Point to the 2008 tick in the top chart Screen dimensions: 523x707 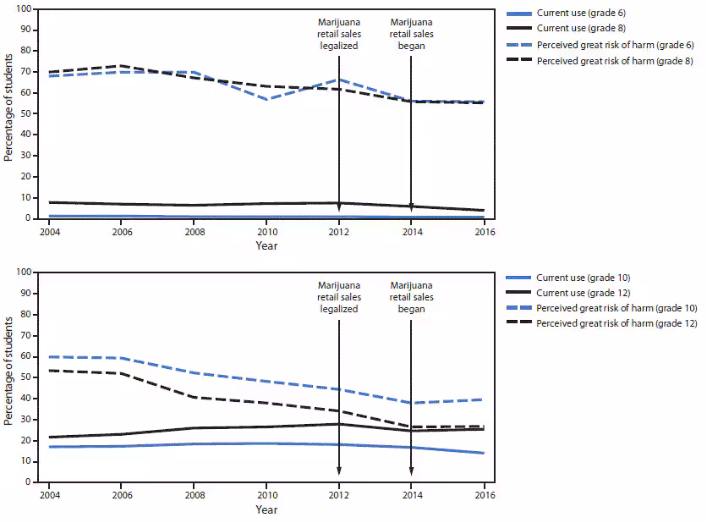pos(194,230)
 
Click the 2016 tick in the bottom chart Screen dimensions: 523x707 pos(483,494)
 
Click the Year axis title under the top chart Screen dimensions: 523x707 pos(266,245)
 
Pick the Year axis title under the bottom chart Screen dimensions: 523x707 pos(266,509)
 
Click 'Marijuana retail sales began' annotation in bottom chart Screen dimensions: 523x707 pos(411,296)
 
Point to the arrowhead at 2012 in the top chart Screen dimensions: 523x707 pos(339,206)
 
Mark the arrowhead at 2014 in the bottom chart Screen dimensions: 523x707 pos(411,471)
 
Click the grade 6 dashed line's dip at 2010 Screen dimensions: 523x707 pos(266,99)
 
